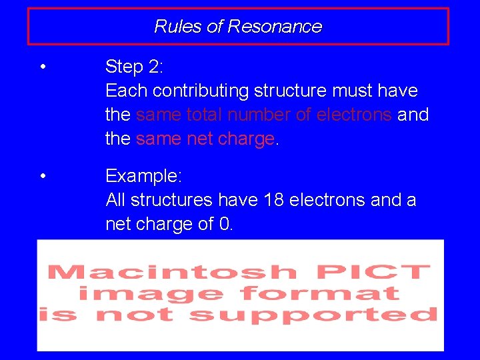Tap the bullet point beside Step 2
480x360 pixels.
pos(42,67)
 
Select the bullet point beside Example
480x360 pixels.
pos(42,177)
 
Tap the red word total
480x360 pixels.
pos(204,115)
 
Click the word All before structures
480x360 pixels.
pos(116,200)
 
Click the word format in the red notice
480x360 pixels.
pos(320,293)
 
